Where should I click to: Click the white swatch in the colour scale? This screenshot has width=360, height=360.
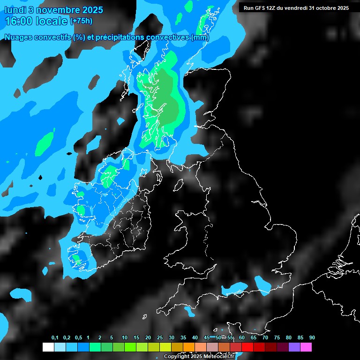pos(48,347)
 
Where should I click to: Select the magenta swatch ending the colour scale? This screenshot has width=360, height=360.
pos(306,347)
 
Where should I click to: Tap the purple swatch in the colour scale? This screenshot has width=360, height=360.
pos(294,347)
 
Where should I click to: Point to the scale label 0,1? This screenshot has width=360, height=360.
pos(55,338)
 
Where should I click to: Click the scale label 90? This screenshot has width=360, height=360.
pos(312,338)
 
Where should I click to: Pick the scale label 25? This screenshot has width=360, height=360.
pos(160,338)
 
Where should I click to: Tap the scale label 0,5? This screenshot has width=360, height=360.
pos(78,338)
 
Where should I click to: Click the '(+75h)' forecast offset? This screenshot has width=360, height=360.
pos(82,21)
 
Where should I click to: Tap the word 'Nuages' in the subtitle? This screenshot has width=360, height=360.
pos(19,37)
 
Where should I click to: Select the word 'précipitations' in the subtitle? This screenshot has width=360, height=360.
pos(120,37)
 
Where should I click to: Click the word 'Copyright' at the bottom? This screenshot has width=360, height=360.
pos(176,357)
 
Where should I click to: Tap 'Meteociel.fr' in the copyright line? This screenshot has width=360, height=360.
pos(218,357)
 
